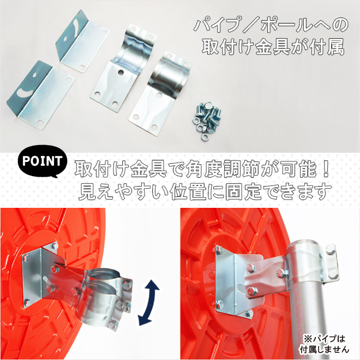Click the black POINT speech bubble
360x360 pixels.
43,161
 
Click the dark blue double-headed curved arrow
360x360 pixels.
148,302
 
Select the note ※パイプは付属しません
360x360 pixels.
324,344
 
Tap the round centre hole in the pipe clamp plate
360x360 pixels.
120,72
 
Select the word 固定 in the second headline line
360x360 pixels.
244,191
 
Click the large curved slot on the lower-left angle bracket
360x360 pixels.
25,92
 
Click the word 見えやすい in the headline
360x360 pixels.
123,191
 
